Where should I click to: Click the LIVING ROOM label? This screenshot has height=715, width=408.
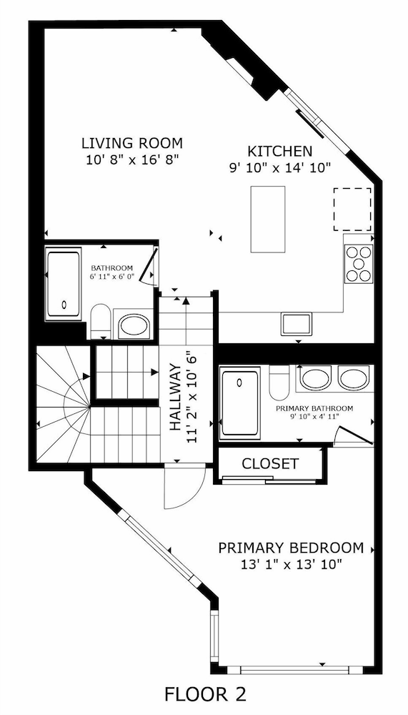click(x=131, y=142)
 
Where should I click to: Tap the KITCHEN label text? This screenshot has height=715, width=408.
click(x=279, y=151)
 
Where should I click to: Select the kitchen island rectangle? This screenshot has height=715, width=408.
click(x=267, y=219)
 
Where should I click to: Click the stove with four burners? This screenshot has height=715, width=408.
click(x=359, y=264)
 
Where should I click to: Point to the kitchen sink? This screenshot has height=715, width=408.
click(x=296, y=323)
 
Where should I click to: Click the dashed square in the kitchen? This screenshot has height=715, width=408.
click(x=352, y=209)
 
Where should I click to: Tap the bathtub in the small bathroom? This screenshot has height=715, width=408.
click(x=64, y=285)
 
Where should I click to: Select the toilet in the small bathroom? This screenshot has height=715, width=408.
click(x=101, y=321)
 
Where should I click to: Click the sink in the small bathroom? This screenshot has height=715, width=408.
click(x=134, y=326)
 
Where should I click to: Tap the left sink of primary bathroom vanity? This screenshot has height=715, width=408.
click(x=315, y=378)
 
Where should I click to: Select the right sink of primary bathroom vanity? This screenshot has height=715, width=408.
click(x=353, y=378)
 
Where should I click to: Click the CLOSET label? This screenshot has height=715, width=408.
click(x=270, y=463)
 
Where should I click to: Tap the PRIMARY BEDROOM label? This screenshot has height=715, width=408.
click(x=291, y=548)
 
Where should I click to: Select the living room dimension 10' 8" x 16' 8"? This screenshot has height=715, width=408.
click(x=131, y=159)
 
